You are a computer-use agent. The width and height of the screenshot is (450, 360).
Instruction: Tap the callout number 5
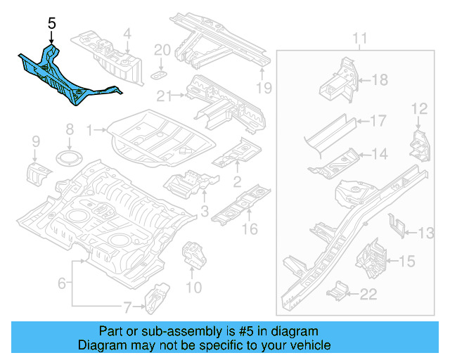(51, 23)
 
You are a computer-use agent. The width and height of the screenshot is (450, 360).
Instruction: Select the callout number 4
(127, 33)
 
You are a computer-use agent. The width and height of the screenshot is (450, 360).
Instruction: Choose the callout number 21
(165, 96)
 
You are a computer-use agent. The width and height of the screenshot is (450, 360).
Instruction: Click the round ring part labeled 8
(69, 155)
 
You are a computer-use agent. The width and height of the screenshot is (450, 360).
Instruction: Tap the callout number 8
(69, 129)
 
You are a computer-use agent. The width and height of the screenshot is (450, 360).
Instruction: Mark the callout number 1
(89, 130)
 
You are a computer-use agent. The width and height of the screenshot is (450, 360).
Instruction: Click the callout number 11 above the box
(360, 37)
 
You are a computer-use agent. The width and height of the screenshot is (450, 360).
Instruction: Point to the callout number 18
(379, 80)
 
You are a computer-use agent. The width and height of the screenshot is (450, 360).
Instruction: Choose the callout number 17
(378, 121)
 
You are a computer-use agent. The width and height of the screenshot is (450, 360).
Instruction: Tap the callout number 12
(419, 108)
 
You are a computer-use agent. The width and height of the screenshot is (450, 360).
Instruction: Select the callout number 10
(193, 287)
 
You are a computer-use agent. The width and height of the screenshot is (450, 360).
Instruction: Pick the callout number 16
(250, 229)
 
